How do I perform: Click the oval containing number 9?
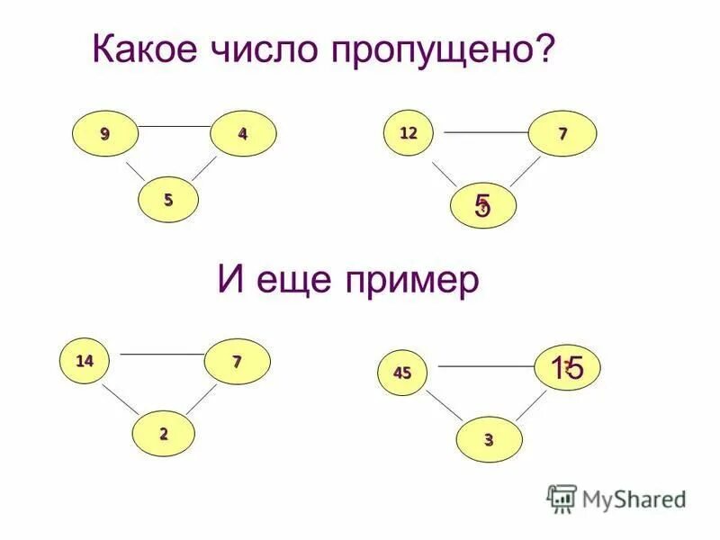[105, 134]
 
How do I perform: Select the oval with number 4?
[243, 134]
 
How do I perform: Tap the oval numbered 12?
[409, 133]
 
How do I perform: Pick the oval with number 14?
[85, 361]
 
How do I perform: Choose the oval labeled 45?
[401, 373]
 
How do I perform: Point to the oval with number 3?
[489, 439]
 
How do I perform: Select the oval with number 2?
[164, 433]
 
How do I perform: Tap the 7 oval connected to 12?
[562, 134]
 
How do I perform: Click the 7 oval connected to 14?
[237, 362]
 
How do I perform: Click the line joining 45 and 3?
[445, 406]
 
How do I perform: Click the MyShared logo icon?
[562, 497]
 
